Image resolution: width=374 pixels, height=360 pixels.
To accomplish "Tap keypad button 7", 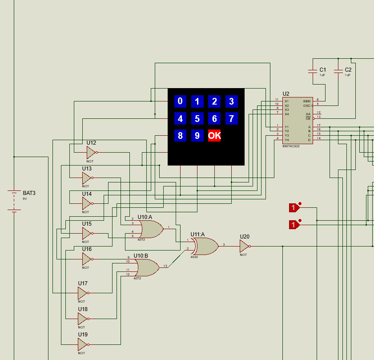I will click(x=231, y=118).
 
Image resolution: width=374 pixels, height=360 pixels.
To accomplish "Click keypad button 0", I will click(x=180, y=101).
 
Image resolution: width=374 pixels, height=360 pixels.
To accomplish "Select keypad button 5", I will click(x=197, y=118).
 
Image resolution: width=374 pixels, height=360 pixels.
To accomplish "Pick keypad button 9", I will click(x=197, y=135).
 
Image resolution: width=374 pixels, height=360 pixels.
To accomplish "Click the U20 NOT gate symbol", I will click(x=244, y=246).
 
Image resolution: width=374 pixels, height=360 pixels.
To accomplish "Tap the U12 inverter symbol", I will click(x=90, y=153).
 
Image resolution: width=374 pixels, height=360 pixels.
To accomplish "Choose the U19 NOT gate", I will click(x=82, y=344).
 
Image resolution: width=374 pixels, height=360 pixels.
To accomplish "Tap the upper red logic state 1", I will click(x=294, y=207).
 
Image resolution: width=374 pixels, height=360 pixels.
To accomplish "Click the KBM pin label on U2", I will click(x=307, y=101).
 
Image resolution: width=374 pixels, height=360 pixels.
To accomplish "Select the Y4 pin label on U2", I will click(x=287, y=140).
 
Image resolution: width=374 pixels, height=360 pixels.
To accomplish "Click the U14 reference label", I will click(x=87, y=194).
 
